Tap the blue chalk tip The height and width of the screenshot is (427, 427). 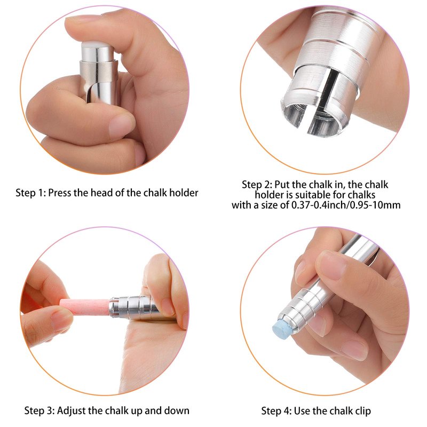[282, 327]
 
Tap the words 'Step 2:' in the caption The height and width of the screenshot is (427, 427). [257, 185]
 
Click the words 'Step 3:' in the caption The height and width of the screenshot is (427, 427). [39, 410]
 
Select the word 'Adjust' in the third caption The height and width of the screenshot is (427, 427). [71, 411]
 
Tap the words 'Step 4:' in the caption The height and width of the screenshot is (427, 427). [276, 410]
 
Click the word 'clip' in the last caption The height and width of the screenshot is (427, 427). [363, 411]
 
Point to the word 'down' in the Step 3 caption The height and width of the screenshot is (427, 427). [177, 410]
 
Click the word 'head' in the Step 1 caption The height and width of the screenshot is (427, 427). [101, 193]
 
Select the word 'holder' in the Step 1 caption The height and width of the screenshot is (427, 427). [184, 193]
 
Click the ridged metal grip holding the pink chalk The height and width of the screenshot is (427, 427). [134, 307]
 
